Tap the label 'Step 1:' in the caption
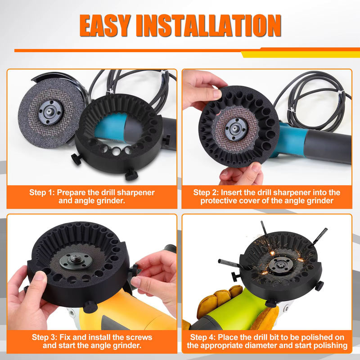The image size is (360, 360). coord(42,193)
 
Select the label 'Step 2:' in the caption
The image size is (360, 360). coord(206,193)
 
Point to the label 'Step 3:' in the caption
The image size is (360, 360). coord(45,337)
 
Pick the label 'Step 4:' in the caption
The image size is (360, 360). coord(203,337)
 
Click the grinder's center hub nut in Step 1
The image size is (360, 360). coord(49,112)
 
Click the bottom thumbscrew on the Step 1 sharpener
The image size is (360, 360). coord(131,175)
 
